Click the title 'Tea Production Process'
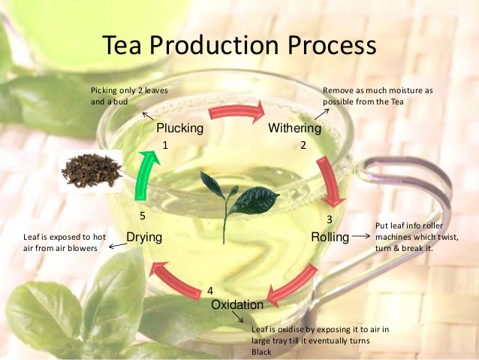click(x=239, y=45)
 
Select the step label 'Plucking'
click(x=179, y=129)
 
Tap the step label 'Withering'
click(x=294, y=129)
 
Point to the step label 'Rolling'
click(x=330, y=237)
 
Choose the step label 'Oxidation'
click(x=237, y=304)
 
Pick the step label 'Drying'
click(x=144, y=237)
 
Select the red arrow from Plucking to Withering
click(x=237, y=113)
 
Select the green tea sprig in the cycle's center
click(x=238, y=196)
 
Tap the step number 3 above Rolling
click(x=329, y=219)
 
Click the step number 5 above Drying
click(x=143, y=216)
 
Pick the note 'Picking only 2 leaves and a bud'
click(x=128, y=95)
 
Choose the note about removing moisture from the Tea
click(x=377, y=95)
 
